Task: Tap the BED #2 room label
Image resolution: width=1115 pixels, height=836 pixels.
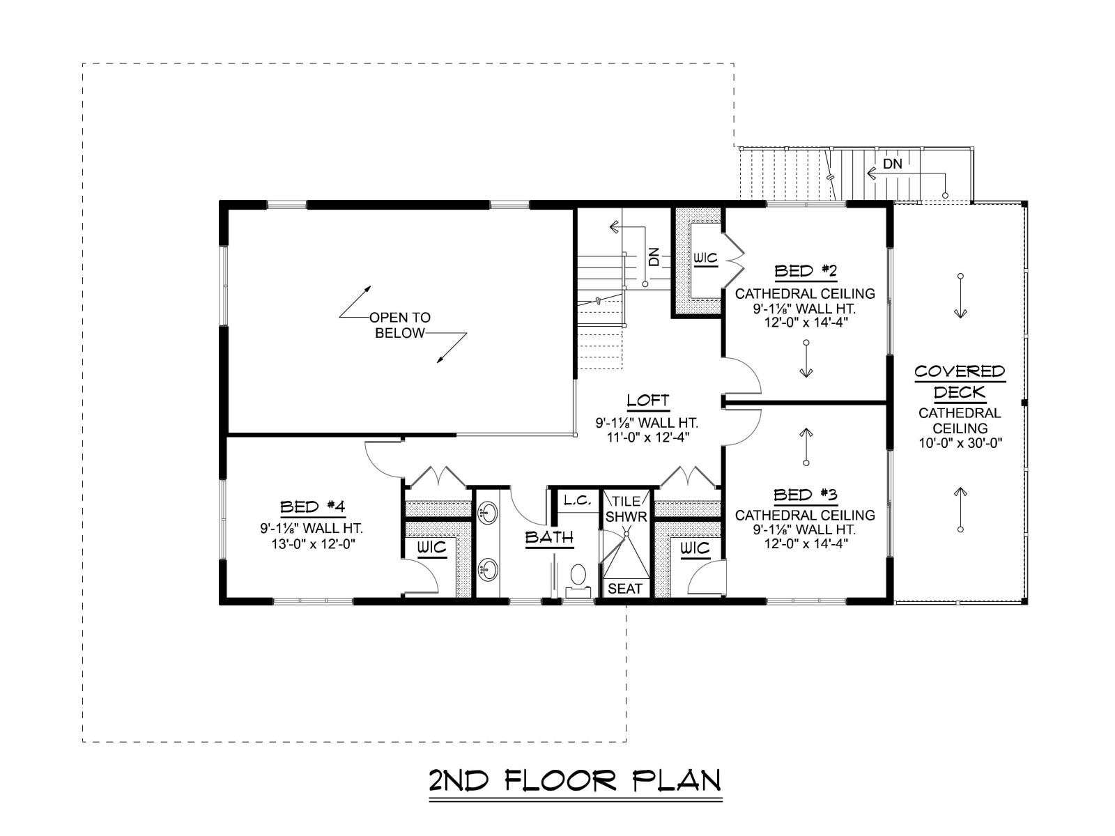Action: (805, 272)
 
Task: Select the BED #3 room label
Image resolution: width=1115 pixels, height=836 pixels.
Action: (805, 495)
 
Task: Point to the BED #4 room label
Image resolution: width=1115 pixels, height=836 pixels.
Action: (313, 506)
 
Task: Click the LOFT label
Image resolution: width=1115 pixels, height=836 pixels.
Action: (647, 401)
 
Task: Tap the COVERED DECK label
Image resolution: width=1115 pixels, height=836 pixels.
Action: (960, 382)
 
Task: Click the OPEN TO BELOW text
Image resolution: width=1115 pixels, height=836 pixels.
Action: (400, 325)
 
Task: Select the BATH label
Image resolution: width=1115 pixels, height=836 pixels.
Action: (549, 537)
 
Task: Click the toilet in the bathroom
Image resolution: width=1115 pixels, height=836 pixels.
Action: (578, 581)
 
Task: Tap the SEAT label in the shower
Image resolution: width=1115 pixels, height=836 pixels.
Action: (625, 588)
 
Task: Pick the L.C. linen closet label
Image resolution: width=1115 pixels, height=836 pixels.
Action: (578, 500)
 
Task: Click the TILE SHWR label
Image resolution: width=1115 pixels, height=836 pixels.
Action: (626, 509)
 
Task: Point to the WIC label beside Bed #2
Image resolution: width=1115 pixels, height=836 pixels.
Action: (705, 258)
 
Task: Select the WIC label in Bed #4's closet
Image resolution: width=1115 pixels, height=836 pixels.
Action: (432, 548)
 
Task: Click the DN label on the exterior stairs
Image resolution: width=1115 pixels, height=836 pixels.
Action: (893, 164)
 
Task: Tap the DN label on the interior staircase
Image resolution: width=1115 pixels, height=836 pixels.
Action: (654, 256)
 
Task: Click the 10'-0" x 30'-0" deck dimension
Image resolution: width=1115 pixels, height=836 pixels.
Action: (960, 443)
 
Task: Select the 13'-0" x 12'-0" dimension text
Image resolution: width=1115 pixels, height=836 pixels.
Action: (313, 543)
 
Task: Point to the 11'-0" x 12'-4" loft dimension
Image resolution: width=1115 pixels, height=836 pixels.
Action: (647, 437)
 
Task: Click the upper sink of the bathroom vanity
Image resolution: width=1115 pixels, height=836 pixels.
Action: (488, 511)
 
